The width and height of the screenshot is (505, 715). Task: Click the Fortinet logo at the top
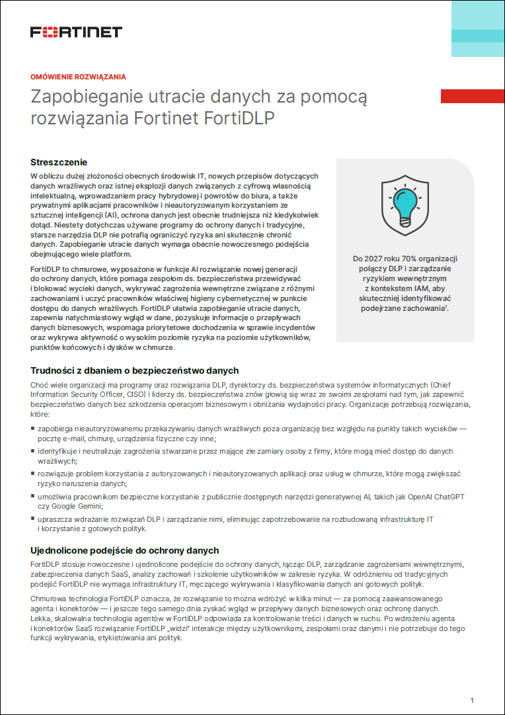coord(76,32)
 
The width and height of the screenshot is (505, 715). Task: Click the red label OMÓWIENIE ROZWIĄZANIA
coord(78,77)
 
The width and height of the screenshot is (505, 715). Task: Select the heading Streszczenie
coord(59,162)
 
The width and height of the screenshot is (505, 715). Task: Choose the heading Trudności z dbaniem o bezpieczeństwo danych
coord(135,370)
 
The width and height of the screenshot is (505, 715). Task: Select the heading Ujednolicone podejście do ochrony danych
coord(125,550)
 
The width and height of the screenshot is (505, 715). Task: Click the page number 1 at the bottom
coord(472,700)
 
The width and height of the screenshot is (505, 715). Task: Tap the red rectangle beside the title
coord(472,97)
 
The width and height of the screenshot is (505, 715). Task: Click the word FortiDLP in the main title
coord(239,119)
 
